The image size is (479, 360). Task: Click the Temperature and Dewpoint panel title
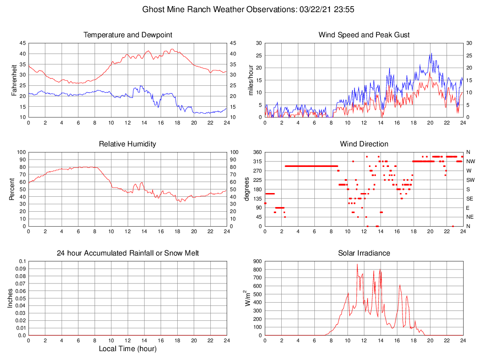127,35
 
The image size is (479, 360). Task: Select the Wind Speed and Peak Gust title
364,35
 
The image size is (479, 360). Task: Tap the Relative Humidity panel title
127,144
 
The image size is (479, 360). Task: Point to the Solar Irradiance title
364,253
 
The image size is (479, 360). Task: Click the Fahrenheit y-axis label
14,80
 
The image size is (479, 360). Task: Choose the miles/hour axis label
251,80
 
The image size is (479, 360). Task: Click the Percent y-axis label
12,189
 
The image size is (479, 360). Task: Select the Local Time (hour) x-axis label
127,349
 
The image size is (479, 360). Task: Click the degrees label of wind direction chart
247,189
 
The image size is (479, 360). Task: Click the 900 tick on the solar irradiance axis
257,261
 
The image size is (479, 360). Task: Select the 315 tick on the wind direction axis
257,161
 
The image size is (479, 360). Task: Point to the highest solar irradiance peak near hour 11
357,264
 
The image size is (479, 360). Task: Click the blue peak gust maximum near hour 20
431,53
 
